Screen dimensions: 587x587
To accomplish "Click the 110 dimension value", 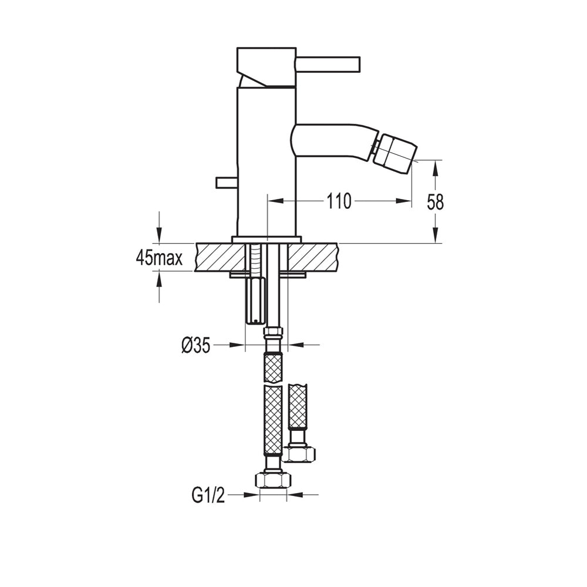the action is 339,201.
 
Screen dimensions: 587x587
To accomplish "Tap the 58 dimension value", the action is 435,202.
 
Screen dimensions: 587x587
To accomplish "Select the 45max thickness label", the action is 159,258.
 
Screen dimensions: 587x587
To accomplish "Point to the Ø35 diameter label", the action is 196,345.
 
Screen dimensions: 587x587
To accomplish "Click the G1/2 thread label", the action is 208,495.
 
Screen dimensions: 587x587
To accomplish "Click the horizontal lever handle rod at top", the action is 328,64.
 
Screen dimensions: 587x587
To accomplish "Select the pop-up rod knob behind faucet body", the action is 227,183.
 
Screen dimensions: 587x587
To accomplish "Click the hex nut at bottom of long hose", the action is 273,480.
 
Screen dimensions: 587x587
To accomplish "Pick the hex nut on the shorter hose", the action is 299,454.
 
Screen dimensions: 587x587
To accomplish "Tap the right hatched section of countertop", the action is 313,257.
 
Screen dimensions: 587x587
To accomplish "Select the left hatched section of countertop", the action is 220,257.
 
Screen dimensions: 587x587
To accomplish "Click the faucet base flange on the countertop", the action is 267,239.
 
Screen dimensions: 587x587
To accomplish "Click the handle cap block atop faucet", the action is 266,68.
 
